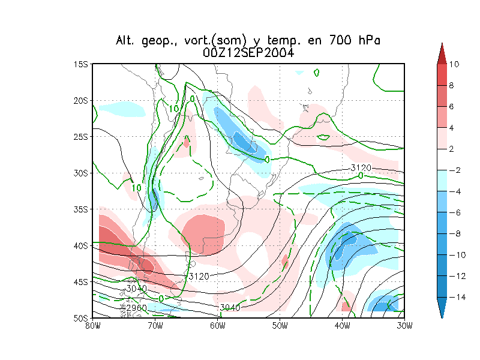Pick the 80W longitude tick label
pyautogui.click(x=92, y=326)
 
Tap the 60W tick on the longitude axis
pyautogui.click(x=217, y=326)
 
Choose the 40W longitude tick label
pyautogui.click(x=343, y=326)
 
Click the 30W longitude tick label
pyautogui.click(x=405, y=326)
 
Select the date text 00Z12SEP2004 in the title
pyautogui.click(x=248, y=53)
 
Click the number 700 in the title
pyautogui.click(x=340, y=41)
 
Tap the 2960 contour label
pyautogui.click(x=137, y=308)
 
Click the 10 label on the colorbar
pyautogui.click(x=454, y=64)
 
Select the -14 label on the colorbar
pyautogui.click(x=455, y=297)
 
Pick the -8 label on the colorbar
pyautogui.click(x=454, y=233)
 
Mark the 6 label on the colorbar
pyautogui.click(x=452, y=106)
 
